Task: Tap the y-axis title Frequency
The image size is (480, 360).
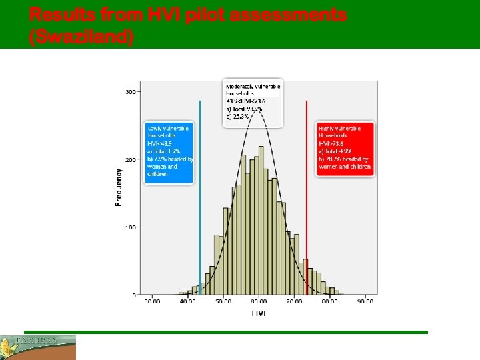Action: pyautogui.click(x=119, y=186)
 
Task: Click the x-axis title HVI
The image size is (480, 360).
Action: pyautogui.click(x=259, y=313)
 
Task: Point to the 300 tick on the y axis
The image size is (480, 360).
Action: pyautogui.click(x=131, y=91)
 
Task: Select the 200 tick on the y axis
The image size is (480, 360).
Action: pyautogui.click(x=131, y=160)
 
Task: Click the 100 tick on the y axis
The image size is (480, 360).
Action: pyautogui.click(x=131, y=227)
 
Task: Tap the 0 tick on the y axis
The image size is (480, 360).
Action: pyautogui.click(x=134, y=295)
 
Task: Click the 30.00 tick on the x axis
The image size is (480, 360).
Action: pyautogui.click(x=153, y=302)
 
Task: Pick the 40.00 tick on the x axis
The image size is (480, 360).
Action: pyautogui.click(x=188, y=302)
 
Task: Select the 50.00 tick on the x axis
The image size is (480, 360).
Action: pyautogui.click(x=223, y=302)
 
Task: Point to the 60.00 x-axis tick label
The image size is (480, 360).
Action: pyautogui.click(x=259, y=302)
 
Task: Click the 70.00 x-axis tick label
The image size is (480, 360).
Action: pyautogui.click(x=294, y=302)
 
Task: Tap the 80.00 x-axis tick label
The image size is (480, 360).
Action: pyautogui.click(x=329, y=302)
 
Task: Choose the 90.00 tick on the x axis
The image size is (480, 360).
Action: pyautogui.click(x=365, y=302)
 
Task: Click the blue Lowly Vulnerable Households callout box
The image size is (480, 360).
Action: pyautogui.click(x=169, y=152)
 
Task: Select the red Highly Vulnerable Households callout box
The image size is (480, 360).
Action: pyautogui.click(x=345, y=148)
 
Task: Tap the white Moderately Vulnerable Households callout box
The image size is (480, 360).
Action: pyautogui.click(x=253, y=103)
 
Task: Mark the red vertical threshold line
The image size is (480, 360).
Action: pyautogui.click(x=307, y=200)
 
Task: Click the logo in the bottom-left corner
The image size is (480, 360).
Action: pyautogui.click(x=38, y=347)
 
